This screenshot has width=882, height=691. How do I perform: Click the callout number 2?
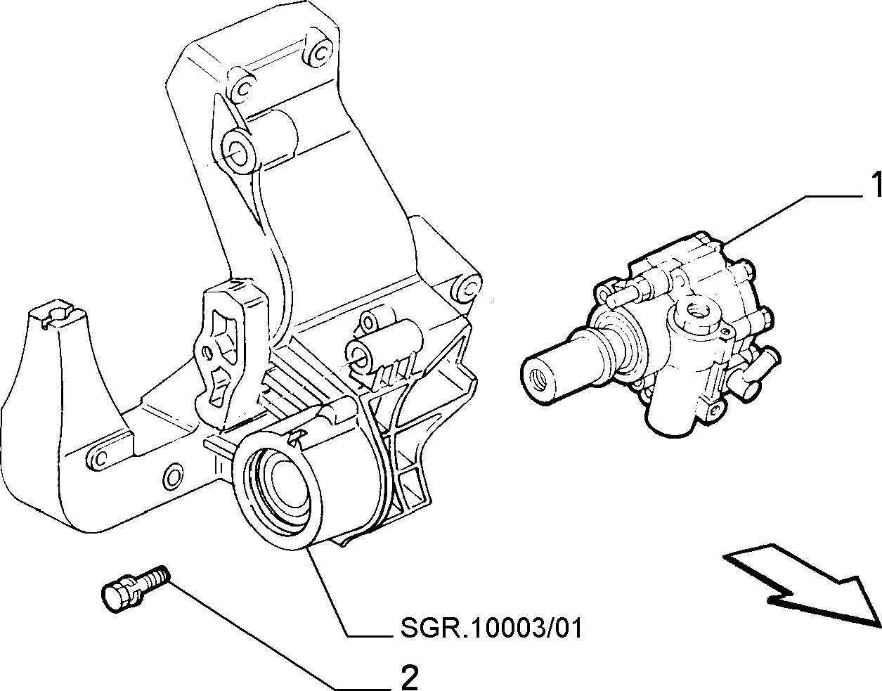pyautogui.click(x=409, y=676)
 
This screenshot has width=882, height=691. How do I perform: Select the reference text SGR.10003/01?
pyautogui.click(x=491, y=628)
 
